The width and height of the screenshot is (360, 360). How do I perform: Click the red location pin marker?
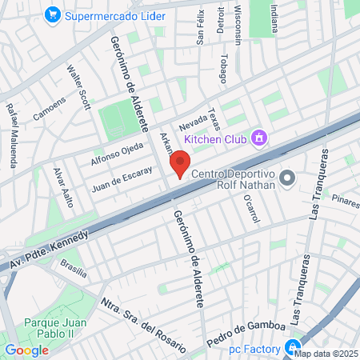click(x=180, y=165)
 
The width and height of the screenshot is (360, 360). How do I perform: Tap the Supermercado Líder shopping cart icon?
click(x=53, y=14)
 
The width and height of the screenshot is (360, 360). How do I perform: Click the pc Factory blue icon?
click(x=293, y=348)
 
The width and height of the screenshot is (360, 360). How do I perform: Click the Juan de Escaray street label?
click(x=122, y=178)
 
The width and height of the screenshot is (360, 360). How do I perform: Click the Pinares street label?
click(x=346, y=198)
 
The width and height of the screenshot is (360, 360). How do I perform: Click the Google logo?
click(x=26, y=350)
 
